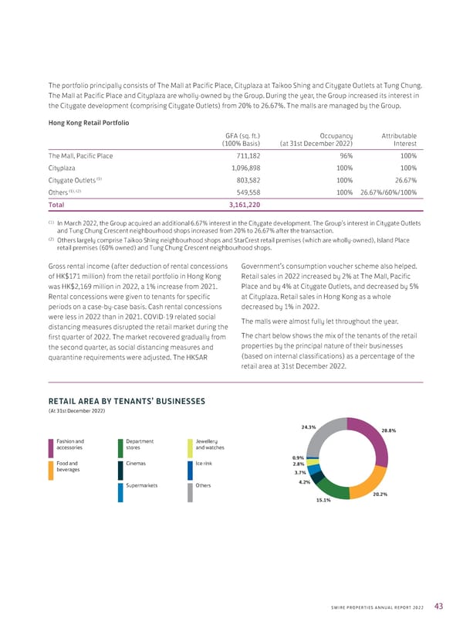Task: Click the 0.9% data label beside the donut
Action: (x=298, y=457)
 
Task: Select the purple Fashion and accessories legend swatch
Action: (x=50, y=448)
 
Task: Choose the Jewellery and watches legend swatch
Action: (x=190, y=448)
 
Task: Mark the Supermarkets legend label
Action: (x=143, y=486)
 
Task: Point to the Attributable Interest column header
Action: (x=398, y=139)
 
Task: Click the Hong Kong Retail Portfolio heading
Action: (x=87, y=122)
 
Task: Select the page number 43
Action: (x=438, y=605)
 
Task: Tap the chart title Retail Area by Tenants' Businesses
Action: (x=127, y=400)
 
